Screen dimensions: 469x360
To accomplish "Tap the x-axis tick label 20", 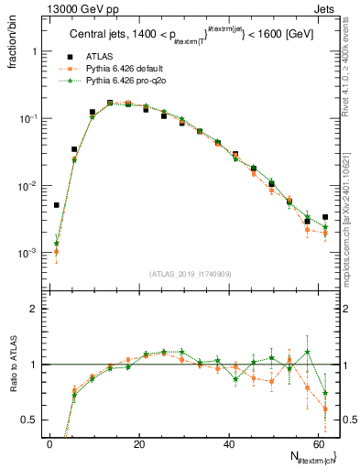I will (139, 443).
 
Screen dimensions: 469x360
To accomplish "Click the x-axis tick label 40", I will (229, 443).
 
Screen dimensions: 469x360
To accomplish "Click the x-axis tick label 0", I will (50, 443).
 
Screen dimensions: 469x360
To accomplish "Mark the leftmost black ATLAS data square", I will (57, 205).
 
